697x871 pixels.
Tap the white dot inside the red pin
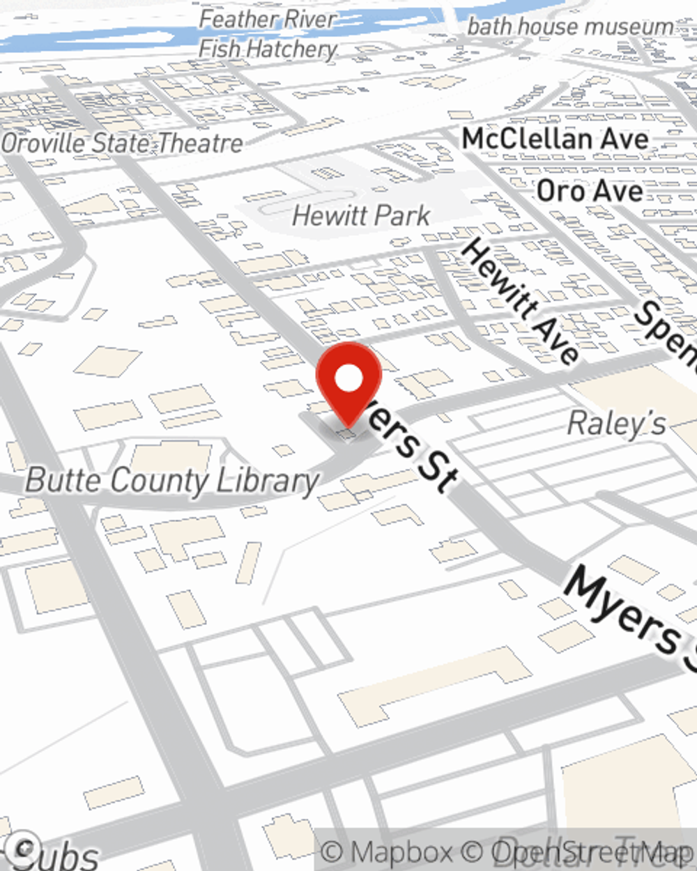[x=348, y=379]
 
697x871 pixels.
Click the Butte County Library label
[x=172, y=481]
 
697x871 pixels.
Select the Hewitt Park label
[x=361, y=215]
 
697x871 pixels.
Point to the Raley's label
[x=616, y=424]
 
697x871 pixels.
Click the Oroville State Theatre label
[x=122, y=144]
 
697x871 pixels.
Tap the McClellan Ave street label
[x=556, y=139]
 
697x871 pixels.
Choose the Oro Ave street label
[x=590, y=191]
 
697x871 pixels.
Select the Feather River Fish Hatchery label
[x=268, y=34]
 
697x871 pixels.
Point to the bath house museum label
[x=570, y=26]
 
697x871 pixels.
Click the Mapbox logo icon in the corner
[x=25, y=847]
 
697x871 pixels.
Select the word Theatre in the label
[x=200, y=144]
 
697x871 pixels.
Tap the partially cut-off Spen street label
[x=666, y=331]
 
